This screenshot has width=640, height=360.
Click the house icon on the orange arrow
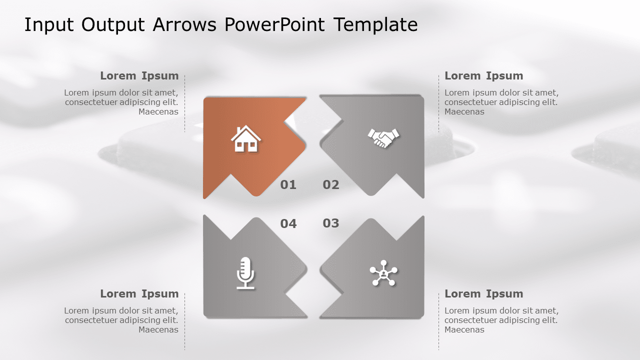coord(245,139)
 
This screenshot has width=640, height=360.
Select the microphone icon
coord(245,273)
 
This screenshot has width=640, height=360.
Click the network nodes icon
coord(383,273)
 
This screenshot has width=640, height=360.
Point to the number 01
coord(288,185)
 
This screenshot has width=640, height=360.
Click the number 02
coord(331,185)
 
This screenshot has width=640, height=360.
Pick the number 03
coord(331,223)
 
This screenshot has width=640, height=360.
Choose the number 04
coord(288,223)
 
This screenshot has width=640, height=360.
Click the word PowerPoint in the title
coord(275,24)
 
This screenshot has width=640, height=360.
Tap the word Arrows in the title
coord(185,24)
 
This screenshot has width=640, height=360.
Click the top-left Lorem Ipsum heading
coord(139,76)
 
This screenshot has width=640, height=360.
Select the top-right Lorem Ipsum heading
coord(483,76)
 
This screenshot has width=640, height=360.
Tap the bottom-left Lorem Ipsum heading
coord(139,294)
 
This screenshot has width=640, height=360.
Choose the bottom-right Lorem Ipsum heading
coord(483,294)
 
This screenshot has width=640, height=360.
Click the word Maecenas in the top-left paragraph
coord(158,112)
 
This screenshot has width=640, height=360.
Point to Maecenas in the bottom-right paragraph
coord(464,330)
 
